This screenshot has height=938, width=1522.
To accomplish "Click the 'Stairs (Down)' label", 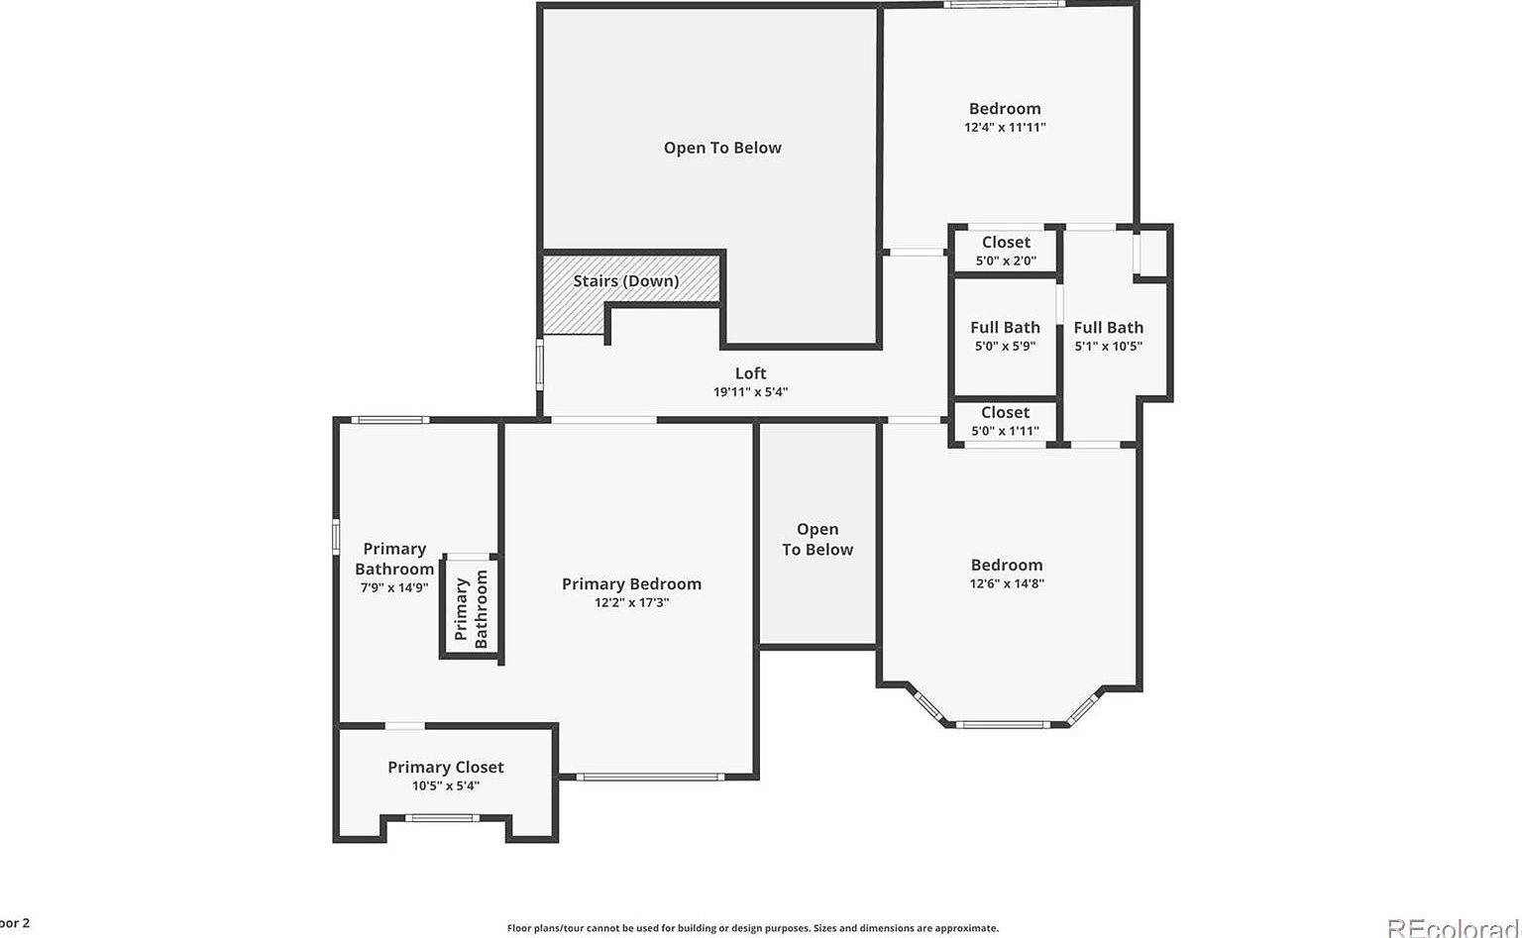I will coord(625,281).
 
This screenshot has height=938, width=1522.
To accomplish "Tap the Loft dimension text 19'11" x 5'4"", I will coord(750,392).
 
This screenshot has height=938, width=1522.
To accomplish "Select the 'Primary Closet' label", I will coord(445,767).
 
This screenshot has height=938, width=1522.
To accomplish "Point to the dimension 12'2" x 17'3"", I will coord(631,602).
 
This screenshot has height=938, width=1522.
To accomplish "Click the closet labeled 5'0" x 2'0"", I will coord(1006,251).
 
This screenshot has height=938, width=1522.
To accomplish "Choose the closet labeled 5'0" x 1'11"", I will coord(1005,421).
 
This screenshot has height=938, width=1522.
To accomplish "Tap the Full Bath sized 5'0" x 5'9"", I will coord(1005,336).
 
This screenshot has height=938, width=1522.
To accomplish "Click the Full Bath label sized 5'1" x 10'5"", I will coord(1108,328).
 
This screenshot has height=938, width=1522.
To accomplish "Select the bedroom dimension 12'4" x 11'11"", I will coord(1005,128).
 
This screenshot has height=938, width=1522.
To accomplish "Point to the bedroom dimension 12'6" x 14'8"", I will coord(1007,584).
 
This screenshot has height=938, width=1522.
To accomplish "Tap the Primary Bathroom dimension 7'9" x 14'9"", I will coord(393,587).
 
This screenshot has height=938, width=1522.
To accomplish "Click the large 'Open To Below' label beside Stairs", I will coord(722,148).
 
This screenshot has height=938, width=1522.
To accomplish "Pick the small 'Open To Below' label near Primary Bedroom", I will coord(817,540).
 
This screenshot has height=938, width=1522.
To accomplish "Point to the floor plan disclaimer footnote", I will coord(752,928).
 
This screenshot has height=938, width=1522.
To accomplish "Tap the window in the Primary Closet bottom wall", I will coord(444,818).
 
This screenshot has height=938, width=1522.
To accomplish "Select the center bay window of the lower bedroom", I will coord(1004,725).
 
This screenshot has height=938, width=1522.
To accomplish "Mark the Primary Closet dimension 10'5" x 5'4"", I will coord(445,786).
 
